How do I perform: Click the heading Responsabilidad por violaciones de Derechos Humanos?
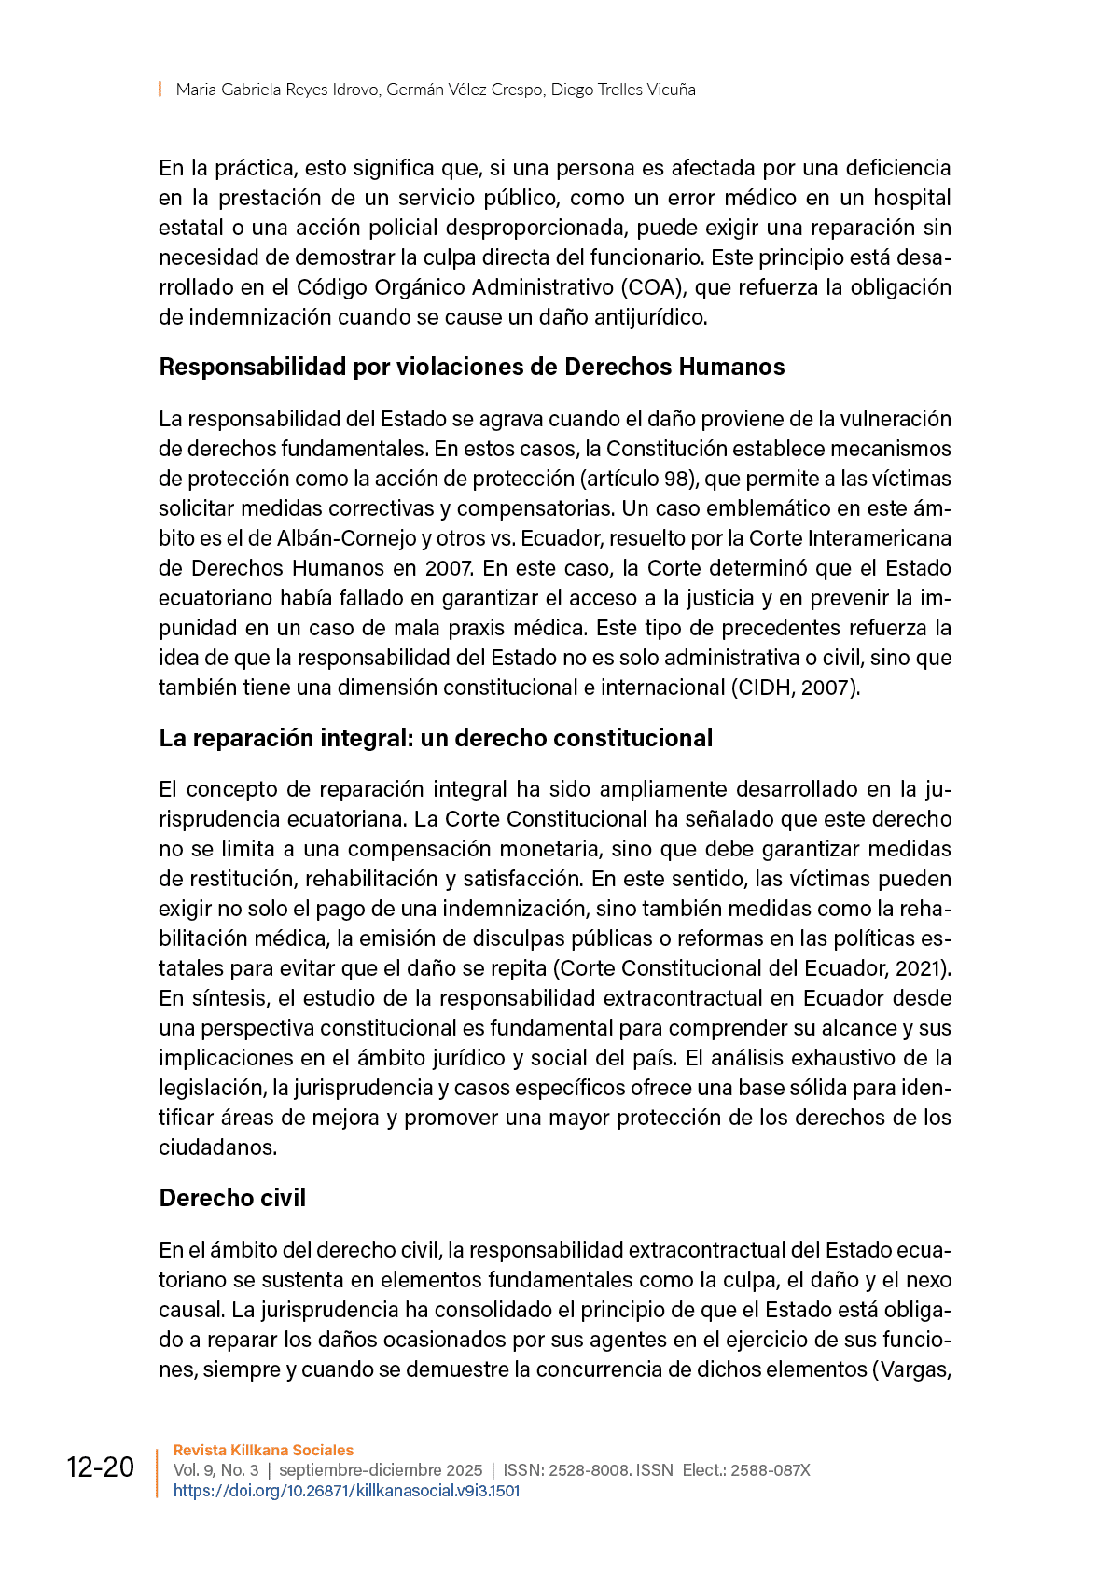coord(471,367)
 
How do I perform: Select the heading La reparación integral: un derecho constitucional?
coord(436,738)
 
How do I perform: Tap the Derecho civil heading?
coord(232,1198)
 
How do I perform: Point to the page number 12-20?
coord(100,1467)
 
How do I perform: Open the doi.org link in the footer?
coord(346,1491)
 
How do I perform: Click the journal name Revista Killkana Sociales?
coord(263,1450)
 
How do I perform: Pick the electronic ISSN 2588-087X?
coord(770,1470)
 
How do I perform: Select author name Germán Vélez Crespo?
coord(465,90)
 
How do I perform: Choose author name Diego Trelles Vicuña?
coord(623,90)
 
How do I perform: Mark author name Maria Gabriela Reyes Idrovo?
coord(277,90)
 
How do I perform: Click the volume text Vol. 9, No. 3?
coord(215,1470)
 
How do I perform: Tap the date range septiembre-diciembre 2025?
coord(381,1470)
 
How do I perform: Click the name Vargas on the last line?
coord(913,1369)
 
